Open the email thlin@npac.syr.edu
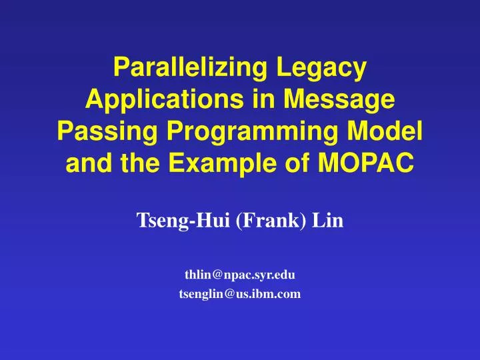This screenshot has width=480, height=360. tap(240, 274)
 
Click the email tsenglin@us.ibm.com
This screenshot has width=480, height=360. tap(240, 294)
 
